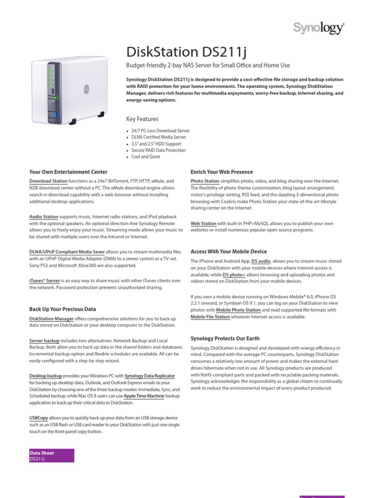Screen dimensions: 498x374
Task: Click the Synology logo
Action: click(x=318, y=29)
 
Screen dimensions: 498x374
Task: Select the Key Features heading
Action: click(x=142, y=119)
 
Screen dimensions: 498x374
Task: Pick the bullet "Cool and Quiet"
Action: click(x=146, y=157)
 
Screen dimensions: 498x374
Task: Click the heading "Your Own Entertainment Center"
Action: click(x=68, y=172)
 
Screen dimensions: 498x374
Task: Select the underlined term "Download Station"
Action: click(x=48, y=181)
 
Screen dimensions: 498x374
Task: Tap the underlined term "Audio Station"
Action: click(x=44, y=216)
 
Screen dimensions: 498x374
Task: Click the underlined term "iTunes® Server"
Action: click(x=45, y=281)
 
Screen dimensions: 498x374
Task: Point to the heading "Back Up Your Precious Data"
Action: click(x=63, y=309)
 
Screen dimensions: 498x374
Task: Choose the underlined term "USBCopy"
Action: click(x=38, y=418)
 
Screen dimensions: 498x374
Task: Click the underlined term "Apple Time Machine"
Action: click(x=144, y=396)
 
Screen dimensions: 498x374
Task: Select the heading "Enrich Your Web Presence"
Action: click(x=222, y=172)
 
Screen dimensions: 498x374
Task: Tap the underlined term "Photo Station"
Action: click(x=205, y=181)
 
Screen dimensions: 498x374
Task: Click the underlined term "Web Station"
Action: click(x=203, y=224)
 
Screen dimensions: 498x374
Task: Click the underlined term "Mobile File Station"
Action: click(x=210, y=317)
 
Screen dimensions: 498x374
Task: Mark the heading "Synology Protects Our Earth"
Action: click(x=224, y=338)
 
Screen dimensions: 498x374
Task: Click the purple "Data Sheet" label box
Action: click(x=52, y=455)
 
